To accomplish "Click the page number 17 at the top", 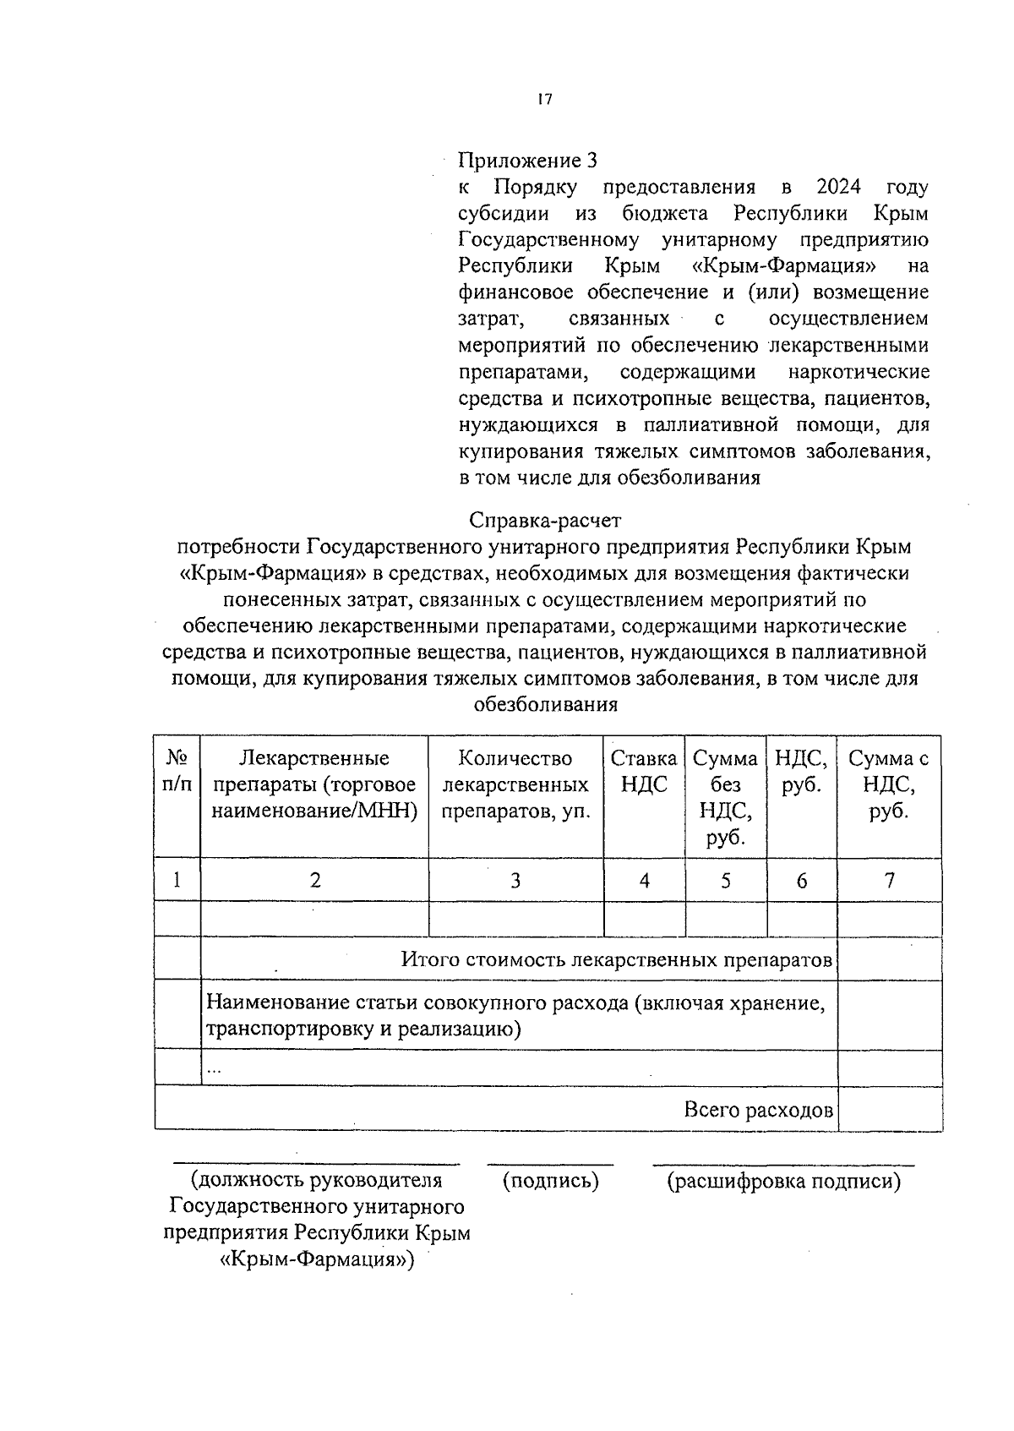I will click(544, 100).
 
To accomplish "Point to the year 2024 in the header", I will click(839, 187).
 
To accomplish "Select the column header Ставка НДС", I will click(644, 771).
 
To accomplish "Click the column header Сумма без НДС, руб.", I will click(725, 797).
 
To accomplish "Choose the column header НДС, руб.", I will click(801, 771).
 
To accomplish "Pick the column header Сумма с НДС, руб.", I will click(889, 784).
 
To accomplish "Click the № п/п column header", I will click(177, 771).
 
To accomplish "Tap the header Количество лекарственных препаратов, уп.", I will click(515, 784).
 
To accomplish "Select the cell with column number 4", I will click(644, 881).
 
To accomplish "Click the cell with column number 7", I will click(889, 881).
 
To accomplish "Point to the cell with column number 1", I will click(177, 881).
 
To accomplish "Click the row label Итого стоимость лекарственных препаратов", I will click(617, 960).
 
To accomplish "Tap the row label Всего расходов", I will click(758, 1110).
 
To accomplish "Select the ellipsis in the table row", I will click(215, 1070).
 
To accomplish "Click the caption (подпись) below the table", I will click(550, 1181).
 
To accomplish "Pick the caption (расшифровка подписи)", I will click(784, 1181).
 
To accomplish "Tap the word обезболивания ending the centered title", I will click(545, 704).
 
